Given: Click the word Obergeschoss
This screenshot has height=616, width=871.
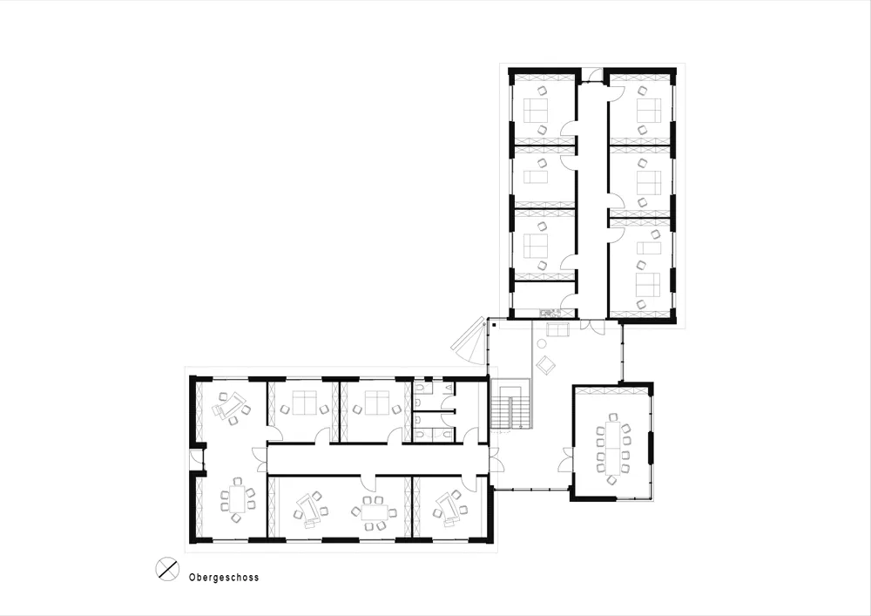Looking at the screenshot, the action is [224, 577].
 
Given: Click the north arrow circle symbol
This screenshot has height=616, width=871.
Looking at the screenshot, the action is [167, 569].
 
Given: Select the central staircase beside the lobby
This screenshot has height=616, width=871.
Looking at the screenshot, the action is [510, 403].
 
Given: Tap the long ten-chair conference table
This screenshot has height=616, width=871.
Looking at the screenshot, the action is [613, 447].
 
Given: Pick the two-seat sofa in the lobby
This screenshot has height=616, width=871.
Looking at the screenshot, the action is [557, 330].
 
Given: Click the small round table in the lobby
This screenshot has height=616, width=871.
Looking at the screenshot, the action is [542, 344].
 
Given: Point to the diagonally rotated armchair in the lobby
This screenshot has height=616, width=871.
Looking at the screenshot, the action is [546, 364].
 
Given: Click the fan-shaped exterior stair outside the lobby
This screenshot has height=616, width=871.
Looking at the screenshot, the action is [470, 341].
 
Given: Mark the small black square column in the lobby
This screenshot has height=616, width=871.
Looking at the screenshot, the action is [494, 324].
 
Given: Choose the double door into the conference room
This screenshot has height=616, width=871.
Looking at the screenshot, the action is [568, 459].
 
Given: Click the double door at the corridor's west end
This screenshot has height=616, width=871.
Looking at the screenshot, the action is [260, 460].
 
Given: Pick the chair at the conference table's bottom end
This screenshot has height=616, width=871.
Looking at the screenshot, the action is [612, 480].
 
